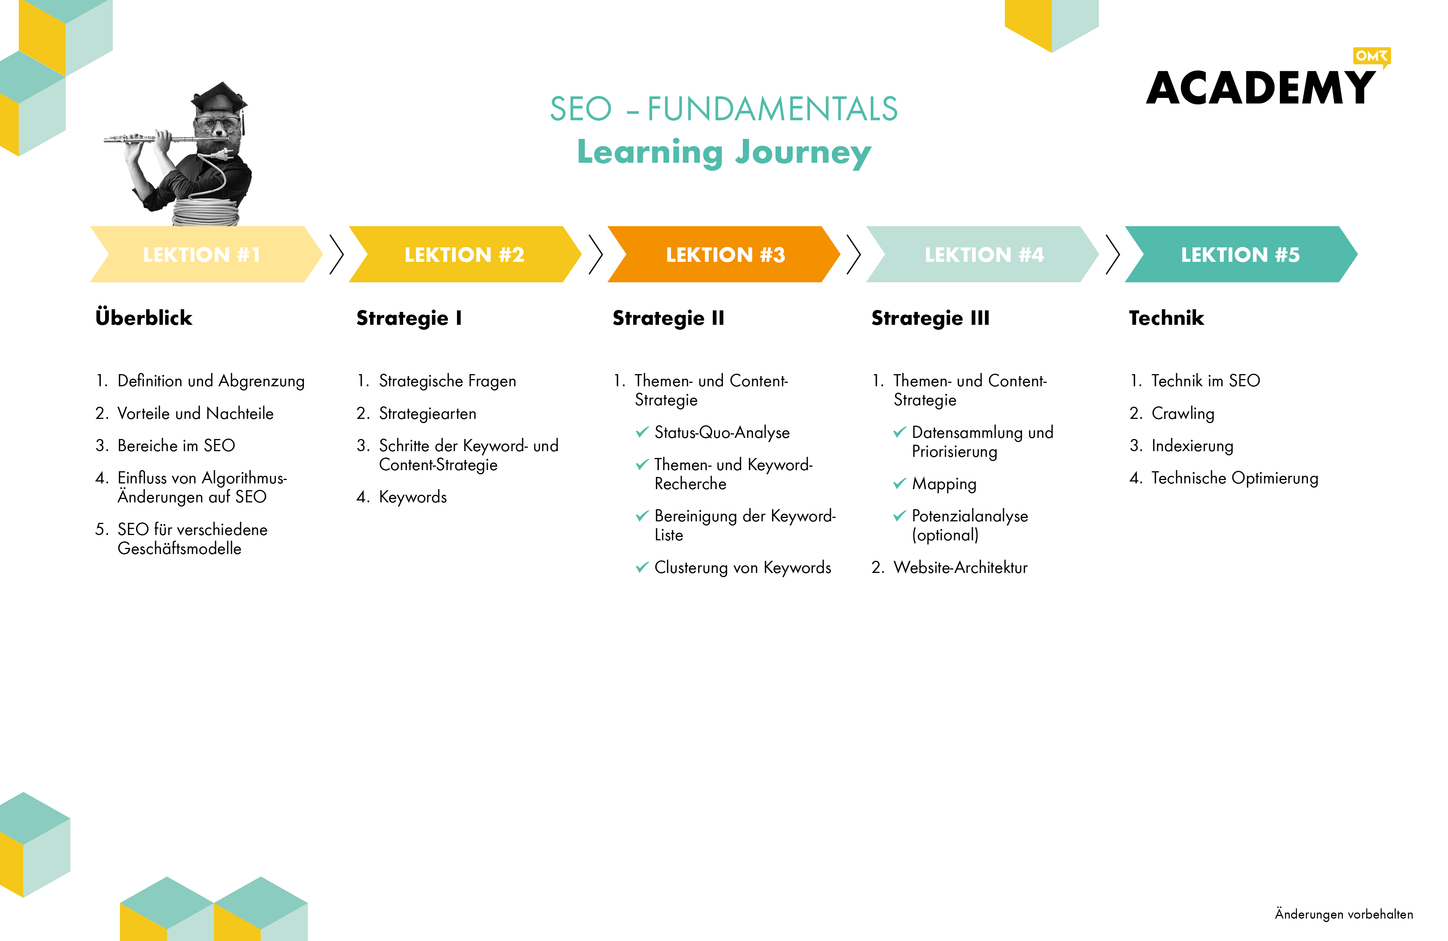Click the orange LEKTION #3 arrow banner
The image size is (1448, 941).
724,254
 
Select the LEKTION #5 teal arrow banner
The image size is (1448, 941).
1241,254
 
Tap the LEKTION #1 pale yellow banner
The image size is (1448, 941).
206,254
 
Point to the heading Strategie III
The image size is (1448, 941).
930,318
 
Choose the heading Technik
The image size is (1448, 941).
1166,318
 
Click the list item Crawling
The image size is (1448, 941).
1183,414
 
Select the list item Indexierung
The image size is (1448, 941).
1193,446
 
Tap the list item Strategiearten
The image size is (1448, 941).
428,414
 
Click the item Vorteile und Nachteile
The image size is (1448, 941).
195,414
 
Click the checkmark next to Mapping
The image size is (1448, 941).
900,483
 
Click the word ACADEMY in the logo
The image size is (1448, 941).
1261,88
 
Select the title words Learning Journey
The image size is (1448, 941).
724,153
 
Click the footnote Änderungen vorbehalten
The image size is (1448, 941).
1344,914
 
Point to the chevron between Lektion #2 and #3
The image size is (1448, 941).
596,254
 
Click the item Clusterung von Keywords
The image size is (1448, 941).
743,568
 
